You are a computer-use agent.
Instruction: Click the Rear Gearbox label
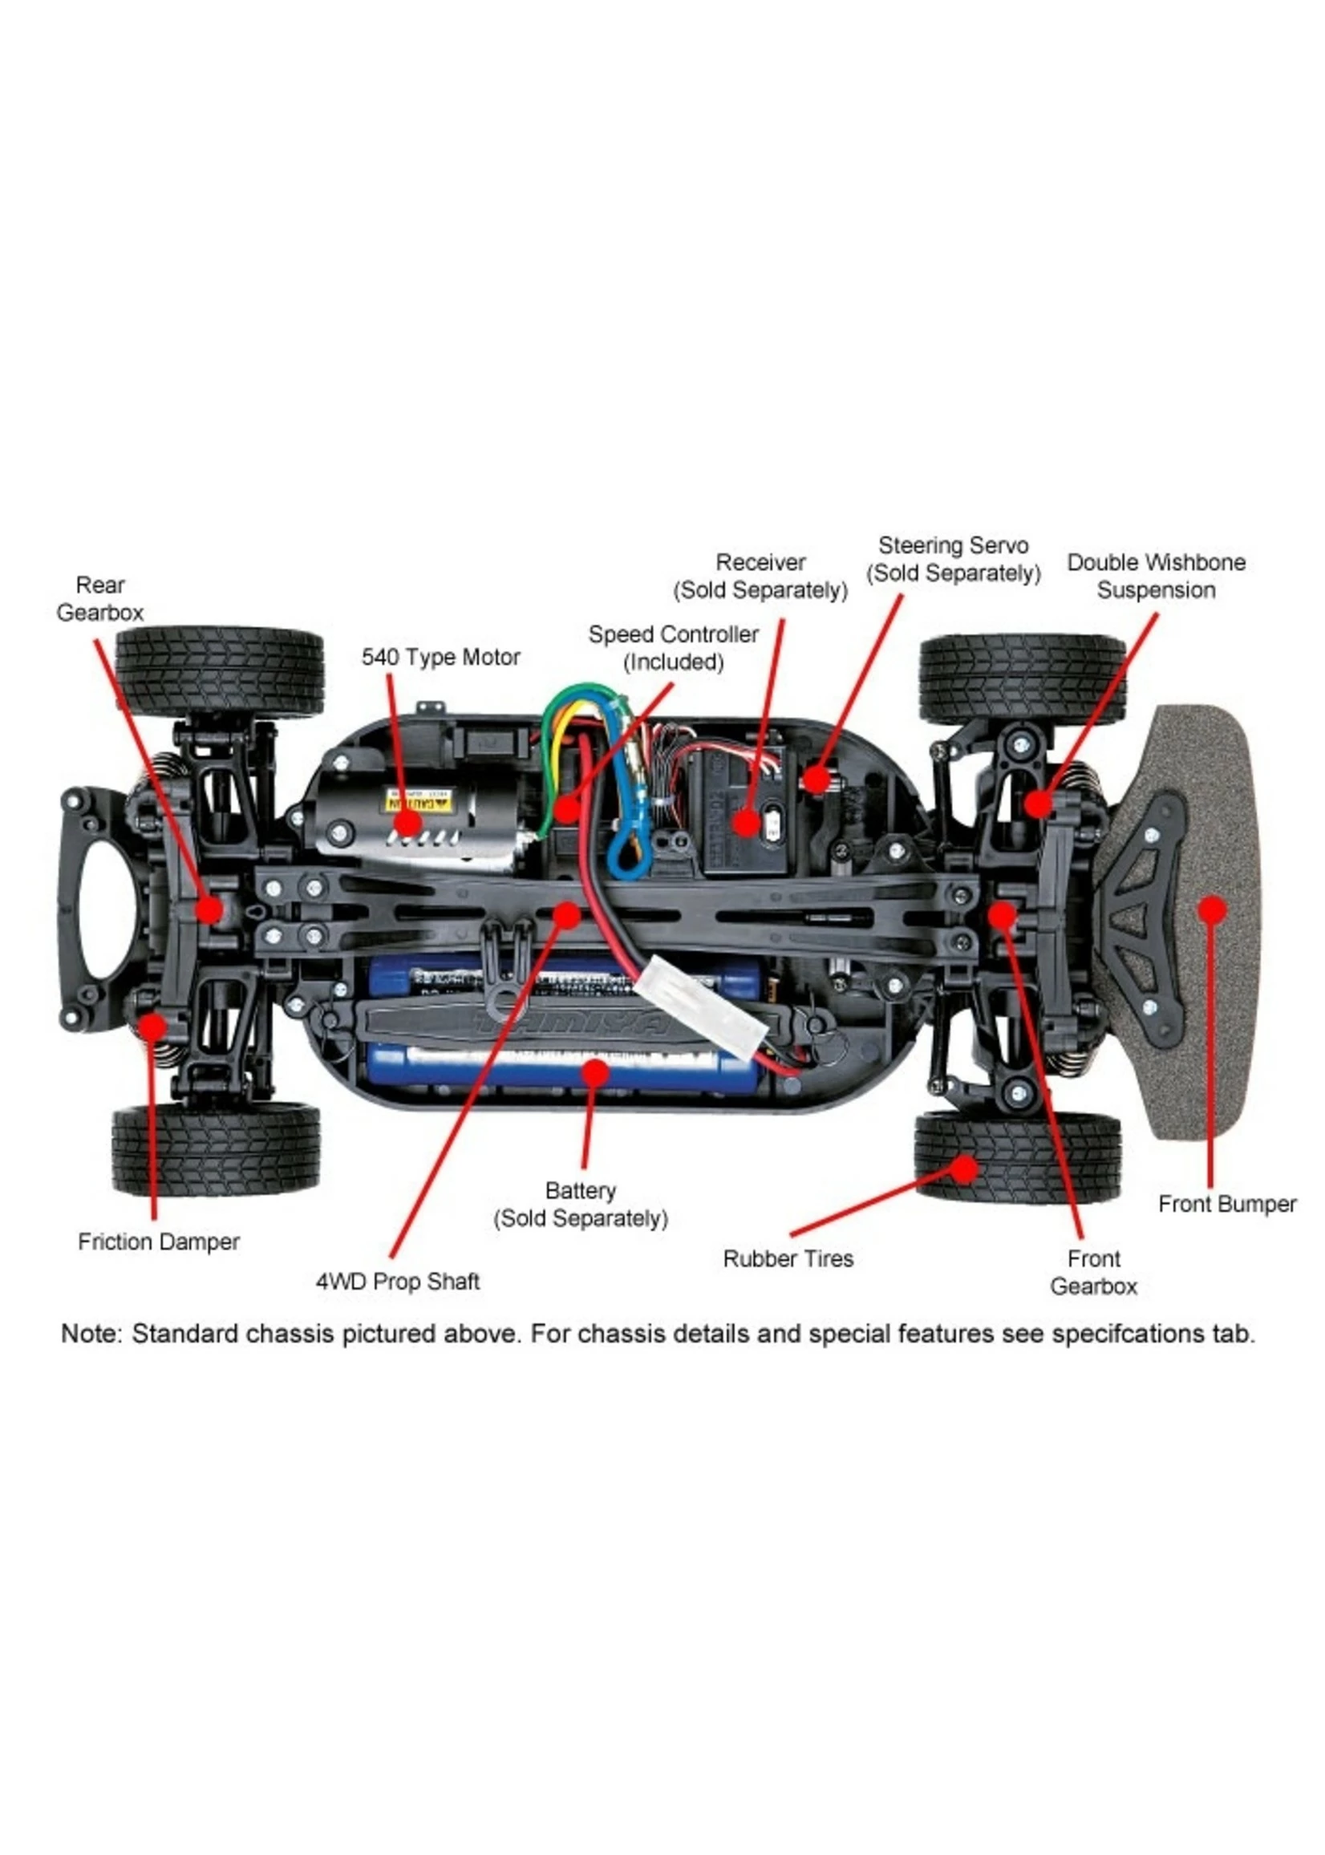pyautogui.click(x=99, y=599)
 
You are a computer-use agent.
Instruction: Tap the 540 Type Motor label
pyautogui.click(x=440, y=657)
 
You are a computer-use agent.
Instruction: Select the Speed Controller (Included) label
pyautogui.click(x=673, y=648)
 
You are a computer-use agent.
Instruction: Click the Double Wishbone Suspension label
pyautogui.click(x=1156, y=576)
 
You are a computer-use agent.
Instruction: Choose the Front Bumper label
pyautogui.click(x=1227, y=1204)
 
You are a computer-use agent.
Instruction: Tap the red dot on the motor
pyautogui.click(x=408, y=823)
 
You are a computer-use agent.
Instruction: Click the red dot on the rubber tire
pyautogui.click(x=964, y=1170)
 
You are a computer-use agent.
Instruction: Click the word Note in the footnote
pyautogui.click(x=91, y=1335)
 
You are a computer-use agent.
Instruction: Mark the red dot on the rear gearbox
pyautogui.click(x=209, y=909)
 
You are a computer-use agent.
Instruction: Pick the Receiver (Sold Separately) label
pyautogui.click(x=760, y=576)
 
